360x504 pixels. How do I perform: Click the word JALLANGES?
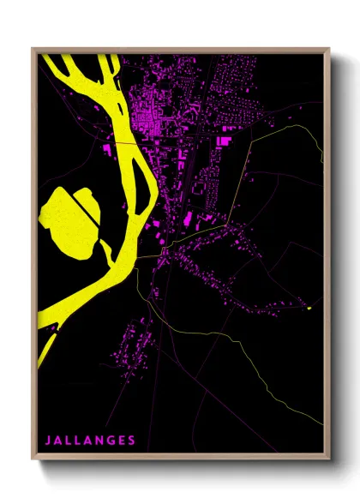[x=90, y=441]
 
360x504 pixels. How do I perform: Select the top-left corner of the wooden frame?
[x=33, y=49]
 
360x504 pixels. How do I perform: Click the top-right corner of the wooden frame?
[x=329, y=49]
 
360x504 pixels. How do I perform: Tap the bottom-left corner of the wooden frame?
[x=33, y=462]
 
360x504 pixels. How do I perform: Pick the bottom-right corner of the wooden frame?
[x=329, y=462]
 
